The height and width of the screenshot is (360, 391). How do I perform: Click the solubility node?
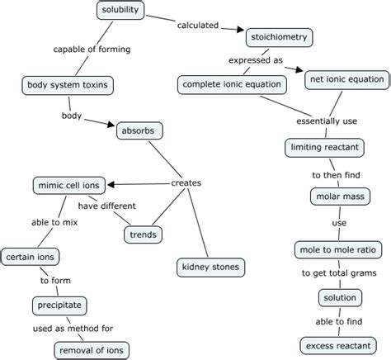pyautogui.click(x=120, y=11)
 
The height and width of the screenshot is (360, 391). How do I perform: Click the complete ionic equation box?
pyautogui.click(x=233, y=84)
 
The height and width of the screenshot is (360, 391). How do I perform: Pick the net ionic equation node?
pyautogui.click(x=344, y=80)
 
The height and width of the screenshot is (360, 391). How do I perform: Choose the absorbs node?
pyautogui.click(x=142, y=130)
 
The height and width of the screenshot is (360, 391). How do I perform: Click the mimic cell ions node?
pyautogui.click(x=70, y=185)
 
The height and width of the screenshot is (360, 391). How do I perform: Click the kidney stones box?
pyautogui.click(x=210, y=267)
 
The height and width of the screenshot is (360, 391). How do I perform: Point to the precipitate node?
pyautogui.click(x=59, y=306)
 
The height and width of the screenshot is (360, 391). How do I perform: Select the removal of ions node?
pyautogui.click(x=92, y=351)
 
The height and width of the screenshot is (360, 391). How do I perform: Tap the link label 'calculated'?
pyautogui.click(x=198, y=26)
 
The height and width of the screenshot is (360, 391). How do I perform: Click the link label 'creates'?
pyautogui.click(x=186, y=183)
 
